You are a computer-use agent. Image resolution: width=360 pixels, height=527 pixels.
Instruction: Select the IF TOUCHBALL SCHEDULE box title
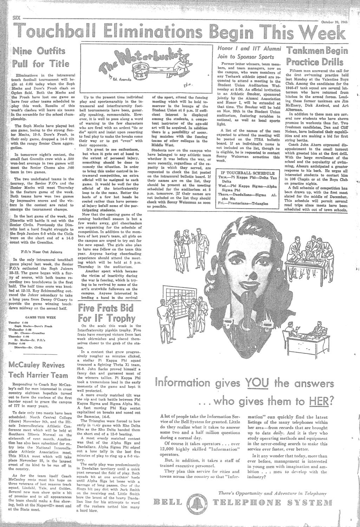(247, 173)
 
